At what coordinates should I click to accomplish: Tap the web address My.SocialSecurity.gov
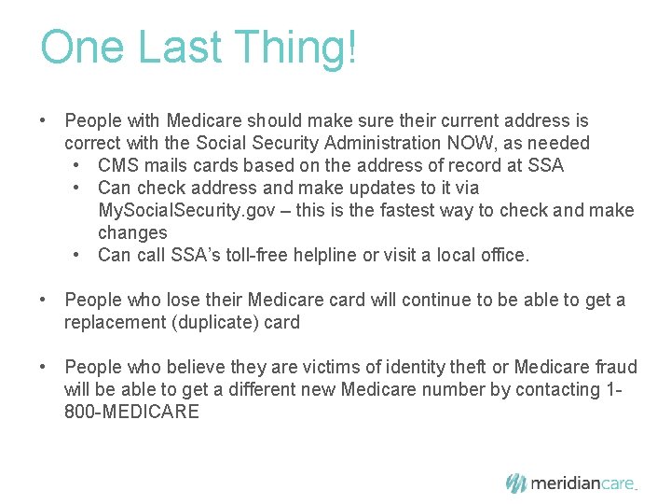184,210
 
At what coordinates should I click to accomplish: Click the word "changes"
132,232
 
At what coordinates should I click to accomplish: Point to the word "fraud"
612,367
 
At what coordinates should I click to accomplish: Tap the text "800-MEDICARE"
131,412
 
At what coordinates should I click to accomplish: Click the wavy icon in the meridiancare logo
515,483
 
